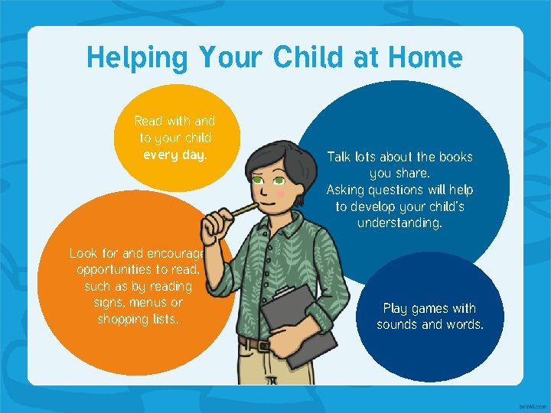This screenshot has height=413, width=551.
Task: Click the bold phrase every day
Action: [175, 155]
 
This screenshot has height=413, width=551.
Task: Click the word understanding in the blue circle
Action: [399, 223]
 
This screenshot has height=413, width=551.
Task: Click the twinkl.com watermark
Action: [532, 407]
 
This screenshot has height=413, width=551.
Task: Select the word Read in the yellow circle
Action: [148, 121]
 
